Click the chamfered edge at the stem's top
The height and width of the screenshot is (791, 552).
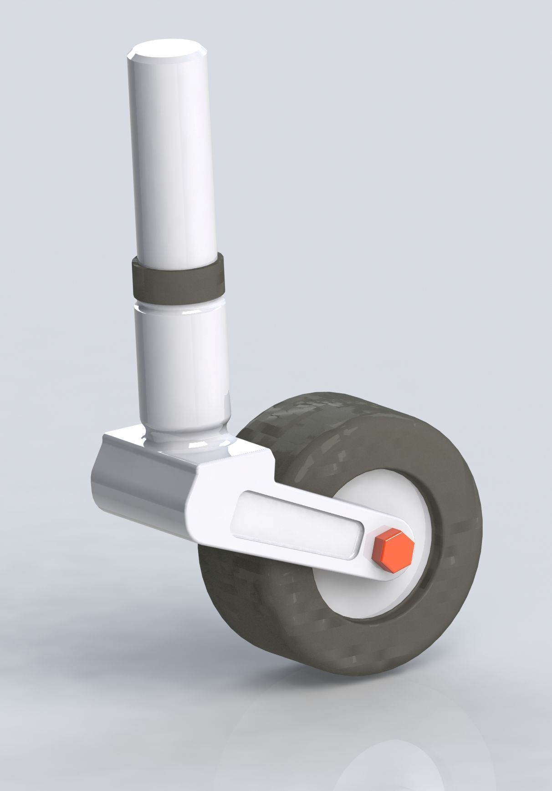click(x=137, y=59)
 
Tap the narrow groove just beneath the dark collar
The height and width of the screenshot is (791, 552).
click(x=180, y=301)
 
